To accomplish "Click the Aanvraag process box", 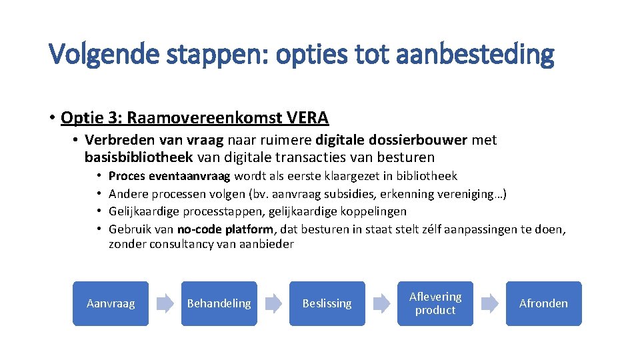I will pyautogui.click(x=111, y=303).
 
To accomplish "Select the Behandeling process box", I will pyautogui.click(x=219, y=303).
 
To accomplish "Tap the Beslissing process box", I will pyautogui.click(x=327, y=303).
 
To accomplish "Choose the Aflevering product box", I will pyautogui.click(x=435, y=303).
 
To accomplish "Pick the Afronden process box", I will pyautogui.click(x=543, y=303).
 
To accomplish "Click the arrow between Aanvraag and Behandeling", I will pyautogui.click(x=165, y=304).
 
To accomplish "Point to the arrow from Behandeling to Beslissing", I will pyautogui.click(x=273, y=304).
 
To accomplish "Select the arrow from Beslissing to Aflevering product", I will pyautogui.click(x=381, y=304).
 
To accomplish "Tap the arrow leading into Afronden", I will pyautogui.click(x=489, y=304).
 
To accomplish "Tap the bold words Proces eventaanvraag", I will pyautogui.click(x=169, y=176).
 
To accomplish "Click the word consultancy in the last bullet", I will pyautogui.click(x=180, y=244).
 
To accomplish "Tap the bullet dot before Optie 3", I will pyautogui.click(x=51, y=118).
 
